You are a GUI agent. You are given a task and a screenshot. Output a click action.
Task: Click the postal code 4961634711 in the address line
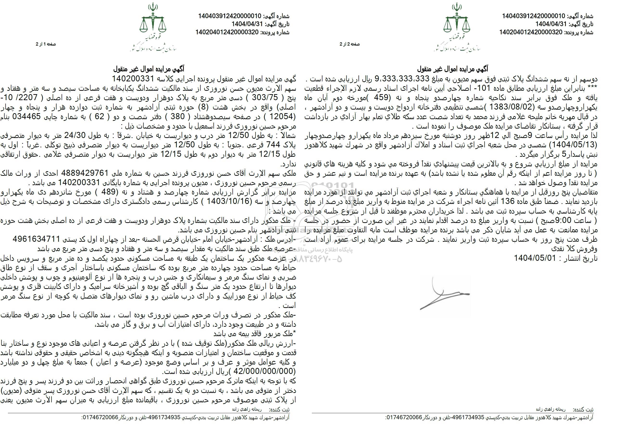point(36,239)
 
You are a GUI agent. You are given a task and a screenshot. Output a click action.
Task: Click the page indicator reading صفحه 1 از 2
point(45,44)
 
